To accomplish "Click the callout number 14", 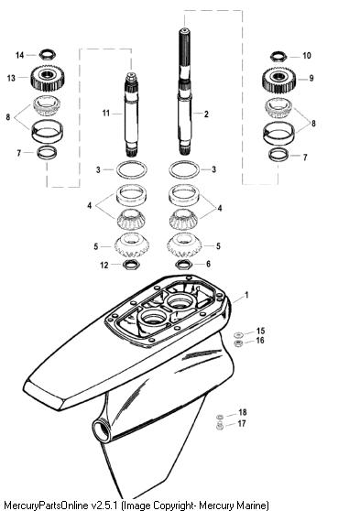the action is tap(20, 55).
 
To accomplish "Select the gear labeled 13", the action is tap(49, 78).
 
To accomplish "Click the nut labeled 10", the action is tap(278, 57).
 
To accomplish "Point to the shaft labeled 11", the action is tap(132, 114).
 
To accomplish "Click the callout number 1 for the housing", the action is tap(246, 295).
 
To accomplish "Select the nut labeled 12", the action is tap(131, 265).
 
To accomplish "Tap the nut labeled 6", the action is tap(183, 265).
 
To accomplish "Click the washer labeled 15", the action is tap(239, 334).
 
